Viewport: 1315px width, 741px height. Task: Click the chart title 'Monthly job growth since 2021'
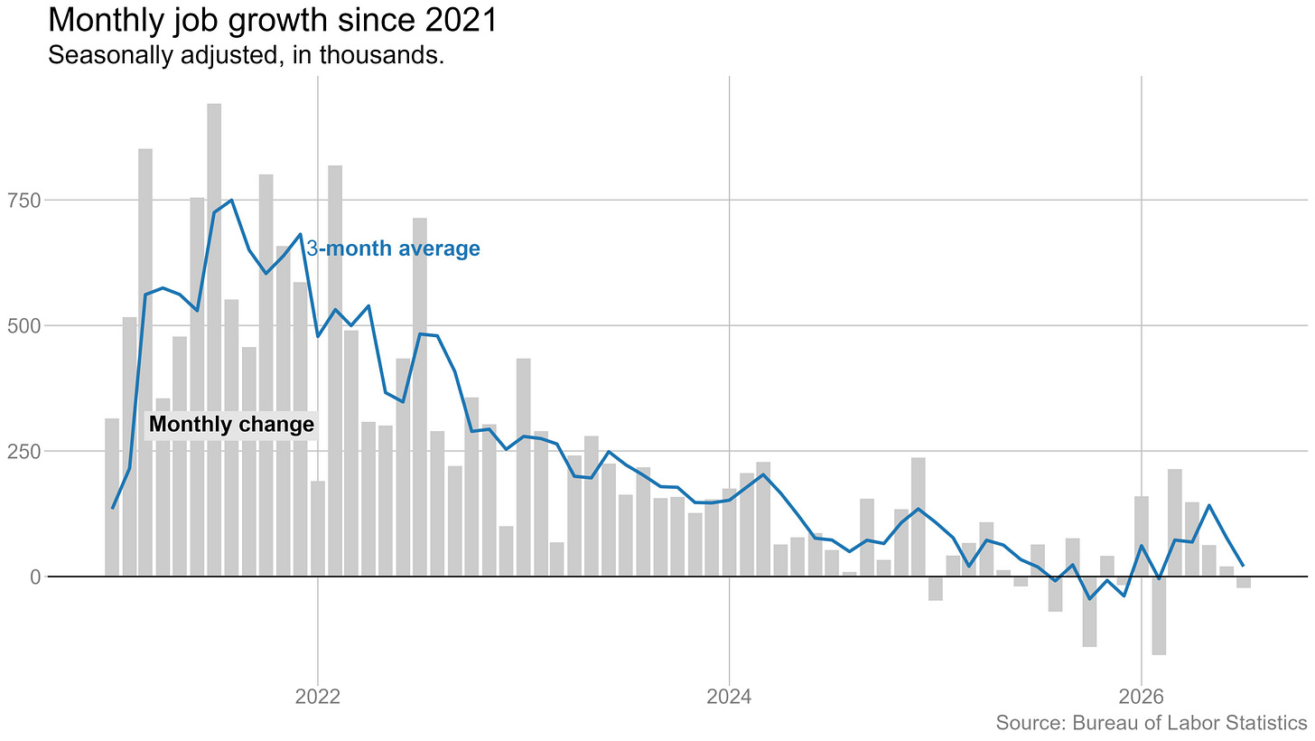[x=273, y=20]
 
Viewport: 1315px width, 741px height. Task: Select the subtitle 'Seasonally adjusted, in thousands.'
[x=246, y=55]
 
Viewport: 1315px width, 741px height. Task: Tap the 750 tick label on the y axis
[x=24, y=201]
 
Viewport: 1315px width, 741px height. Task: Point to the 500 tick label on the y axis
[x=24, y=326]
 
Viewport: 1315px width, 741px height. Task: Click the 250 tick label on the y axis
[x=24, y=452]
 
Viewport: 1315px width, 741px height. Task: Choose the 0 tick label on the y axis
[x=36, y=577]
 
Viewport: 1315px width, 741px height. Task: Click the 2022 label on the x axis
[x=318, y=697]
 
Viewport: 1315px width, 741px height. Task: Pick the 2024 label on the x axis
[x=729, y=697]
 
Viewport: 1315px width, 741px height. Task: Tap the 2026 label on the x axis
[x=1142, y=697]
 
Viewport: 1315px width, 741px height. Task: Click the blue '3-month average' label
[x=394, y=249]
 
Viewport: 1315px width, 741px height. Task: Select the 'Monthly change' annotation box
[x=231, y=425]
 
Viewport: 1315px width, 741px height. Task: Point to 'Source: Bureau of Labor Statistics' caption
[x=1152, y=723]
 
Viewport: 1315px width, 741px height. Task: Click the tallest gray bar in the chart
[x=214, y=340]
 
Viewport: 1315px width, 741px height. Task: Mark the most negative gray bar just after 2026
[x=1159, y=616]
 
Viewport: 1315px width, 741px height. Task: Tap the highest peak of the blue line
[x=231, y=201]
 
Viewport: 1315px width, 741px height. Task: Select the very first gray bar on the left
[x=112, y=497]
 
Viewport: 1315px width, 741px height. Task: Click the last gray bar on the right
[x=1244, y=583]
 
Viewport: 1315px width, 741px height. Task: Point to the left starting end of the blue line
[x=112, y=509]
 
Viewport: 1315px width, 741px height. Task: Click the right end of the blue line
[x=1244, y=566]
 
